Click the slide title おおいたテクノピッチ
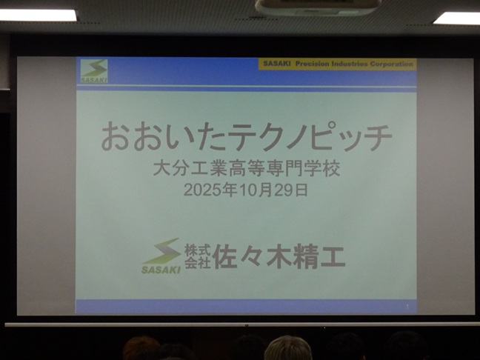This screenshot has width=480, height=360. [x=247, y=136]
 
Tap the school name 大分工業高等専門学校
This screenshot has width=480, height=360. [x=247, y=169]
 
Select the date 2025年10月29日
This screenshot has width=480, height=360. [x=246, y=190]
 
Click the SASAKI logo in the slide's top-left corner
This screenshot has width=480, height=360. [x=94, y=71]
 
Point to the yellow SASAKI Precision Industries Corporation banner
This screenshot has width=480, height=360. [x=337, y=64]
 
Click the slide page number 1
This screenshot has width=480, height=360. [x=407, y=306]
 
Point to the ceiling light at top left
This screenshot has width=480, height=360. [x=38, y=15]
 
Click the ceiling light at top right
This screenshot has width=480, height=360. [x=457, y=19]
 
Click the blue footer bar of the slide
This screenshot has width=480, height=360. [x=246, y=307]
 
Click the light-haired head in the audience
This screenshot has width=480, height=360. [x=287, y=348]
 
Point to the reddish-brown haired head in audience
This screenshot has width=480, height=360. [x=141, y=349]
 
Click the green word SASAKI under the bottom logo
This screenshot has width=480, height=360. [x=161, y=270]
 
